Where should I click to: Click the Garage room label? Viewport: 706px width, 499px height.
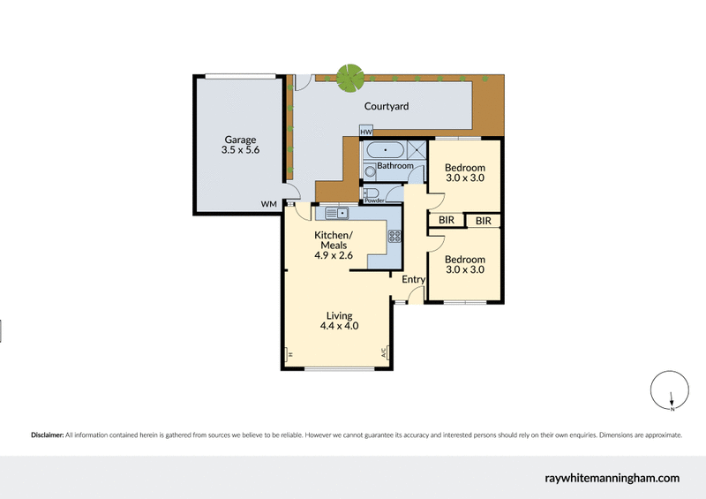[239, 140]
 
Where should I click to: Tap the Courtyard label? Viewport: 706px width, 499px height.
[387, 107]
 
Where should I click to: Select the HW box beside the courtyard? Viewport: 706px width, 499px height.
[365, 132]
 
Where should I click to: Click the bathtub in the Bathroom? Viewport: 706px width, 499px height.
[385, 149]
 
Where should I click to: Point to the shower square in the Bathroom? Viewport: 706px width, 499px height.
[417, 149]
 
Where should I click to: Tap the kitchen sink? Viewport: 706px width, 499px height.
[337, 213]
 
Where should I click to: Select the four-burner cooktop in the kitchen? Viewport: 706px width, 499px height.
[394, 236]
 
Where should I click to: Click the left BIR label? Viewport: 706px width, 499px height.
[446, 221]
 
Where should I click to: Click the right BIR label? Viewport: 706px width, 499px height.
[483, 221]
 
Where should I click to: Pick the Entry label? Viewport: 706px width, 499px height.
[413, 280]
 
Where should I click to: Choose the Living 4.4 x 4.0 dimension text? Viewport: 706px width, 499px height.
[339, 327]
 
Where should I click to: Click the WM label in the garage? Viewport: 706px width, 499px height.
[268, 204]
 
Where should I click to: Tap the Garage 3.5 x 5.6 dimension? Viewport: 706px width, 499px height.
[239, 151]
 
